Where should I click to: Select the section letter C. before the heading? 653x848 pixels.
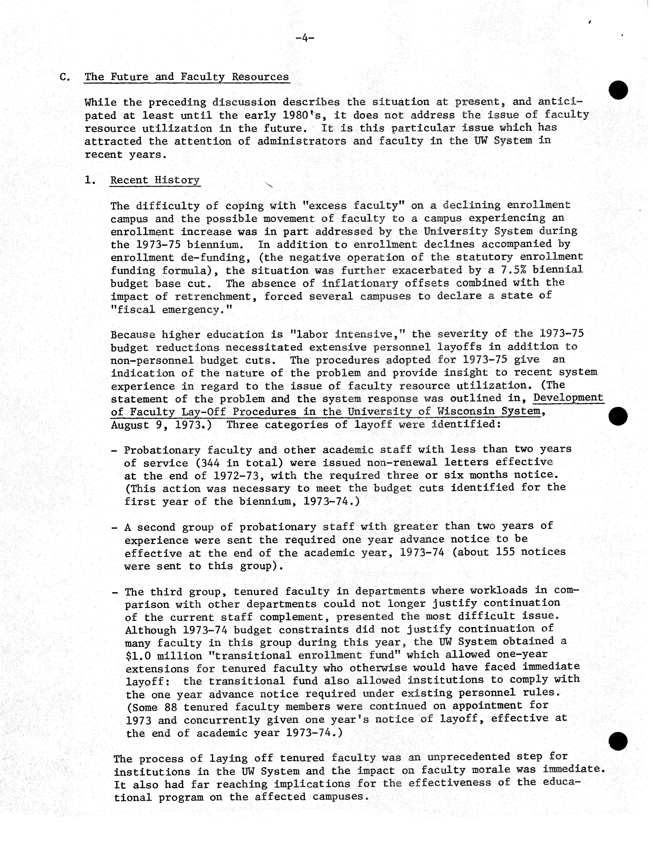pos(65,77)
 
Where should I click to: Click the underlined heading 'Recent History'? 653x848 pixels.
pos(155,180)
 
